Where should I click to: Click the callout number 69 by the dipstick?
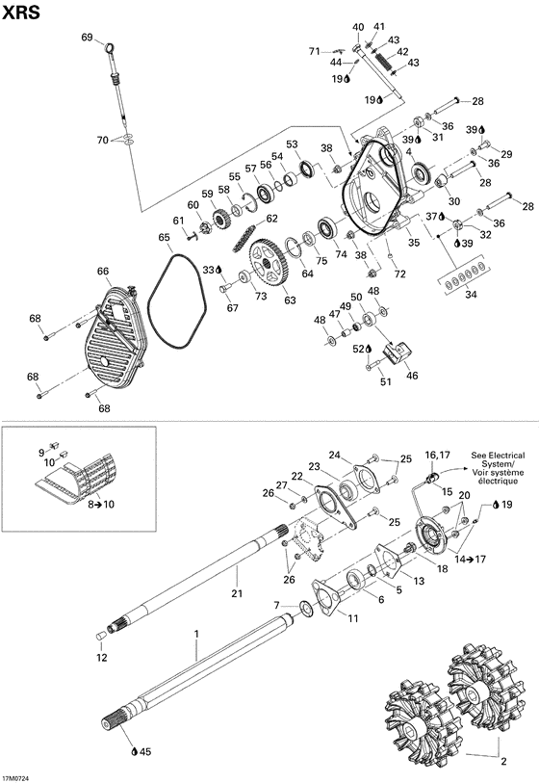coord(87,38)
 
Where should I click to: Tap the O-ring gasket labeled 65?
coord(179,300)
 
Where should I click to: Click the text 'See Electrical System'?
coord(498,461)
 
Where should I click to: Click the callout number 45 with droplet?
coord(143,751)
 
